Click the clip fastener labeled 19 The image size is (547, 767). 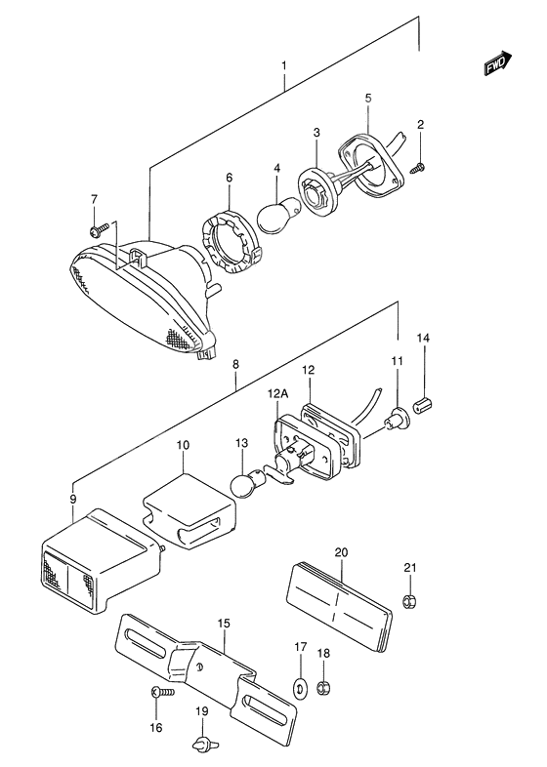202,744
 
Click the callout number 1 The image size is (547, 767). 283,66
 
